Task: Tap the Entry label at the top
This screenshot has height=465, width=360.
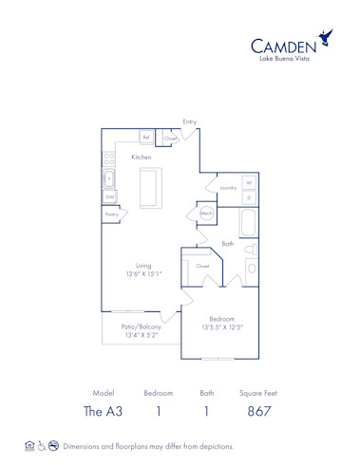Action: (190, 121)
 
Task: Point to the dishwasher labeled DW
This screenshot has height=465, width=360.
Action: (109, 196)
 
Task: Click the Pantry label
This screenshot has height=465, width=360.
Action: (111, 215)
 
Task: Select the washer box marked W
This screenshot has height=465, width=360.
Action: (249, 181)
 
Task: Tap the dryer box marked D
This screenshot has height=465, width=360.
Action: (249, 197)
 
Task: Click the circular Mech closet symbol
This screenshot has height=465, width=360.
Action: (206, 214)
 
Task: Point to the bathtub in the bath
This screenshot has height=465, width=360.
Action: (248, 224)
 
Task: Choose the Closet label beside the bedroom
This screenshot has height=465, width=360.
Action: (202, 267)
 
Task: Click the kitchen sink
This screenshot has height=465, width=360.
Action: (108, 177)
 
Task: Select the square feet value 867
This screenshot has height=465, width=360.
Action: (259, 412)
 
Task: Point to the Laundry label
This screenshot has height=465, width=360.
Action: (228, 188)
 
